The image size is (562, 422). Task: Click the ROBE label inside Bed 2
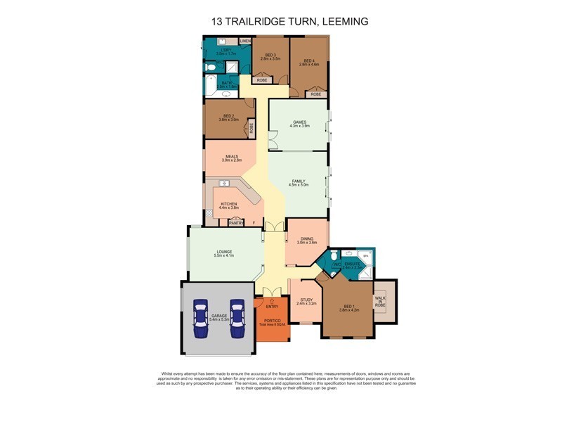tap(251, 129)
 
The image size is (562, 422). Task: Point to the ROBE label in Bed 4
tap(316, 94)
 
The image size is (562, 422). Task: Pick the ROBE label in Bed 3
tap(261, 80)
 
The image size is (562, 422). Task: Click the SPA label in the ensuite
tap(365, 255)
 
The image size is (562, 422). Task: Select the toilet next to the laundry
tap(209, 68)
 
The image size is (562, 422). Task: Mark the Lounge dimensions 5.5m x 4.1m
tap(224, 257)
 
